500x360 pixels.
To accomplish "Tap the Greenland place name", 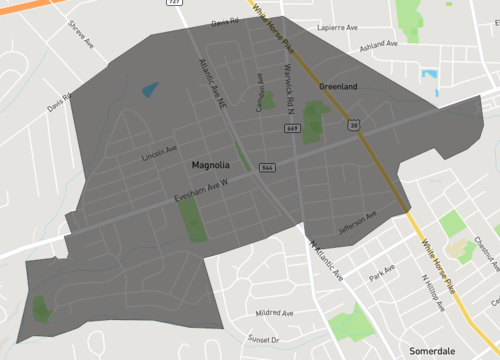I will coord(338,87).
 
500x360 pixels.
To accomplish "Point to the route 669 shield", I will coord(291,128).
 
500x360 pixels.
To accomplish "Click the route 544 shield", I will coord(267,167).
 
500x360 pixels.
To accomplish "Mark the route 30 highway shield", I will coord(354,126).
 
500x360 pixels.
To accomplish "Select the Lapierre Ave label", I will coord(338,28).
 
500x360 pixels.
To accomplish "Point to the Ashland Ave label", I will coord(379,45).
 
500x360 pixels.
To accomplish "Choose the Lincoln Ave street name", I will coord(159,153).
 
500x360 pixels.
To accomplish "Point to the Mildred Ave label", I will coord(273,313).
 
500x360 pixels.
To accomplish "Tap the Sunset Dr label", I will coord(265,340).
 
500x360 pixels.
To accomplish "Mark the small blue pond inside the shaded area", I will coord(150,90).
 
